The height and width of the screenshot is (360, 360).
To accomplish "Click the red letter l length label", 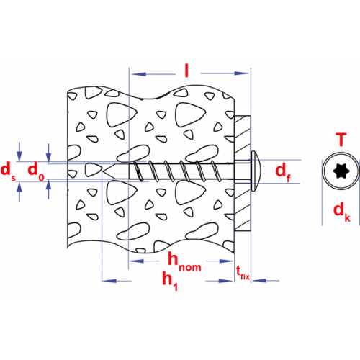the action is tap(186, 71).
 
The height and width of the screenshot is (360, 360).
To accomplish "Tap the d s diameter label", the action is tap(8, 171).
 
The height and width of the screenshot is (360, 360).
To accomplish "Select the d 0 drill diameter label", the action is tap(36, 171).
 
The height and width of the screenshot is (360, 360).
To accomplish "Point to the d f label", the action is tap(283, 172).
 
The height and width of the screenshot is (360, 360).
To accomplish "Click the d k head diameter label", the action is tap(342, 212).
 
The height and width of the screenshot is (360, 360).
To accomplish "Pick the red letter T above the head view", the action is tap(341, 140).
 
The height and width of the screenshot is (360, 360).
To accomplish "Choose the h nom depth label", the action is tap(184, 262).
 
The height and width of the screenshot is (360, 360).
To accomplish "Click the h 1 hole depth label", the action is tap(170, 281).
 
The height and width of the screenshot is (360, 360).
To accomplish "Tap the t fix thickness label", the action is tap(243, 273).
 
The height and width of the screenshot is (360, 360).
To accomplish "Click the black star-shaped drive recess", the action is tap(341, 171).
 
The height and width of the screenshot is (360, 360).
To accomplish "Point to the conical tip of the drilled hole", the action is tap(109, 171).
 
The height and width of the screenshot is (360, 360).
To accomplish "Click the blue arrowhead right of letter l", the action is tap(241, 73).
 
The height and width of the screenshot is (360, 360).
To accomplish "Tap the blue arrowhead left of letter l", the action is tap(139, 74).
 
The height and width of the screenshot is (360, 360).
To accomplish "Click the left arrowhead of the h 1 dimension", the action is tap(109, 281).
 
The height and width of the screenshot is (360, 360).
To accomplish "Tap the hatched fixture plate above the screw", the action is tap(243, 138).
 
